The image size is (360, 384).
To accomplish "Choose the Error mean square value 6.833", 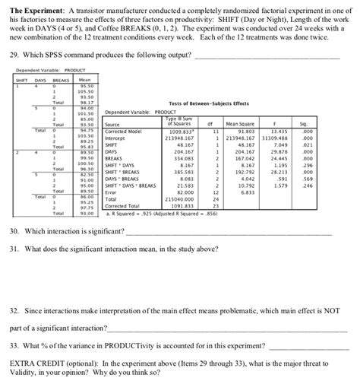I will click(246, 190).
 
